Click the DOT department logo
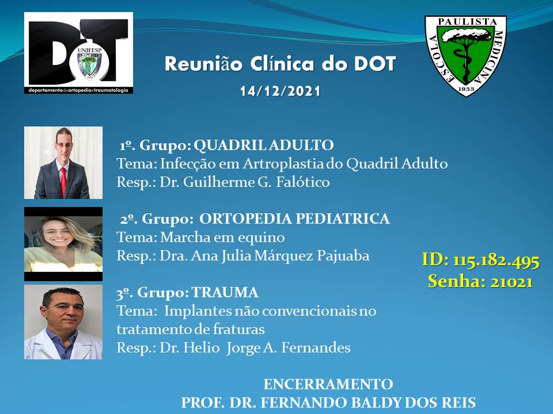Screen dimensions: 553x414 79,53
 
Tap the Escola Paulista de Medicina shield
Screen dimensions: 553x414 465,56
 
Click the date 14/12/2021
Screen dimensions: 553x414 281,91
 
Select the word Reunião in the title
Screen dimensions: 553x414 203,64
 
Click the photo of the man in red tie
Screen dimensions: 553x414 63,163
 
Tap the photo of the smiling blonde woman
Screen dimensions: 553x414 63,244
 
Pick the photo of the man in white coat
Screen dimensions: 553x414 63,322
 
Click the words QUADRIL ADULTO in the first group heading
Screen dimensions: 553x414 264,145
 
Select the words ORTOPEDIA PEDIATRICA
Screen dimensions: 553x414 294,218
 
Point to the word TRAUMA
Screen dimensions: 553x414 225,293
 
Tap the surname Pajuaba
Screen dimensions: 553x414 343,256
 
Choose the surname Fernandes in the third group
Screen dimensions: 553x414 316,348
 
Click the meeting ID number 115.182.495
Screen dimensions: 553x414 496,261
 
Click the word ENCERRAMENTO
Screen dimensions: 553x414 328,384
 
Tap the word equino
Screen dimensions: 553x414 262,237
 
